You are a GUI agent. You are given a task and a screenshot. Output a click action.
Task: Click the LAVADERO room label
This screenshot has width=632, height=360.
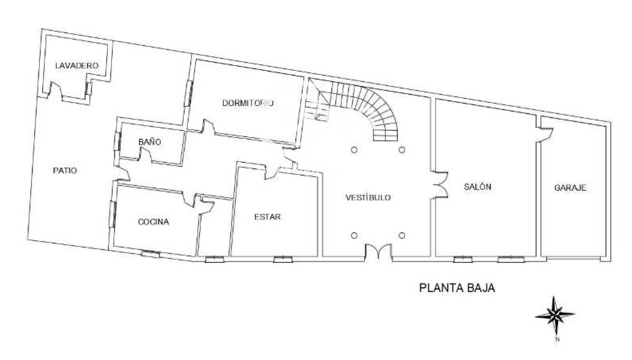coord(77,66)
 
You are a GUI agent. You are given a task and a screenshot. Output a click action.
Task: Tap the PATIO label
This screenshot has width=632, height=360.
coord(65,171)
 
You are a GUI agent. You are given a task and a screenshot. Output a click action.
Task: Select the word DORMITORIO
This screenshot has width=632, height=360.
coord(248,103)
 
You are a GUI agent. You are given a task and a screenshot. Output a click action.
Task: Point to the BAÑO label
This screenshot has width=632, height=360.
coord(150,141)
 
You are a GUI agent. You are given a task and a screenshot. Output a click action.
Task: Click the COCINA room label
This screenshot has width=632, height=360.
coord(154,222)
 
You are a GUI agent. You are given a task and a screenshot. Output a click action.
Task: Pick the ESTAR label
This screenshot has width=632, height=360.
coord(267,217)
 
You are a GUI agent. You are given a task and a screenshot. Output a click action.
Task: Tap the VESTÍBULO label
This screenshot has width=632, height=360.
coord(368,197)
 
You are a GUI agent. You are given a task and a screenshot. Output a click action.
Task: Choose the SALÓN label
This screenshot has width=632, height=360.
coord(478,187)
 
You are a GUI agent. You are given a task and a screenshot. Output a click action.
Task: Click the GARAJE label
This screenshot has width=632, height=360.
coord(570,188)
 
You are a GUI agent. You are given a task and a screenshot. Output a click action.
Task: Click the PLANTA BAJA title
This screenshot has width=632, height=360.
coord(457,288)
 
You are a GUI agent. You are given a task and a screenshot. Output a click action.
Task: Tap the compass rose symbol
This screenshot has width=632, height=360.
coord(555,315)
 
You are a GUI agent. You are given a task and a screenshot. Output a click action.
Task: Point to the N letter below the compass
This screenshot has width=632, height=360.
coord(557,339)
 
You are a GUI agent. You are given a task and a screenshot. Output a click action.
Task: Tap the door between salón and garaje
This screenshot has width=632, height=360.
coord(545,135)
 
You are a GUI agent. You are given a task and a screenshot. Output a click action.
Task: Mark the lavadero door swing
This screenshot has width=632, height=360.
coord(55,90)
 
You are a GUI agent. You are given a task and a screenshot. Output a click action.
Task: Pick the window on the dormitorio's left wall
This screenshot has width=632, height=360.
coord(188,93)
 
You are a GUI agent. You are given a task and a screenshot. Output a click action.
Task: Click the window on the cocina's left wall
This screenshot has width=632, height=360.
coord(113,215)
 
